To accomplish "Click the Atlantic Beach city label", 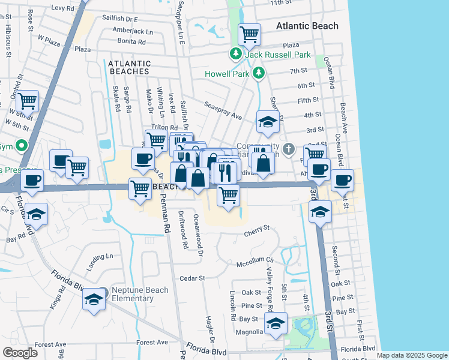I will pos(307,26).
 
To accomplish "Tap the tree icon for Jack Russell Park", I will pos(235,55).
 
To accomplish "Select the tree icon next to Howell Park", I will pos(259,73).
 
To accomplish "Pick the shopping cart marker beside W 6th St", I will pos(28,100).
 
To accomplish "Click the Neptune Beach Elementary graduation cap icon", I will pos(93,299).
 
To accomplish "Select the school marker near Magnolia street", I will pos(276,323).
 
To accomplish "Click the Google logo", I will pos(20,353).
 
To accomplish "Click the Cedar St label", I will pos(193,278).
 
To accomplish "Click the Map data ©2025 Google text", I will pos(411,355).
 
